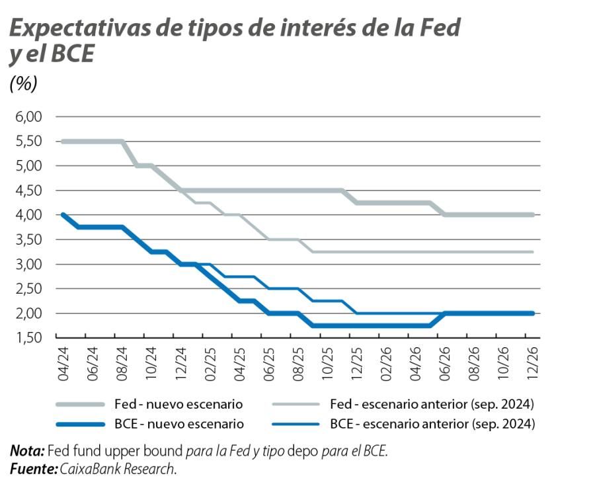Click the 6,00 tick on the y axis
click(x=28, y=117)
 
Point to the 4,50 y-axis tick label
click(x=28, y=190)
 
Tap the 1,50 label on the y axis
click(x=28, y=338)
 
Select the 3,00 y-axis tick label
click(x=28, y=265)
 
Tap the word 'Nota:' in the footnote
click(x=27, y=452)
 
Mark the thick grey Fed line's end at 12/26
click(x=532, y=215)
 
